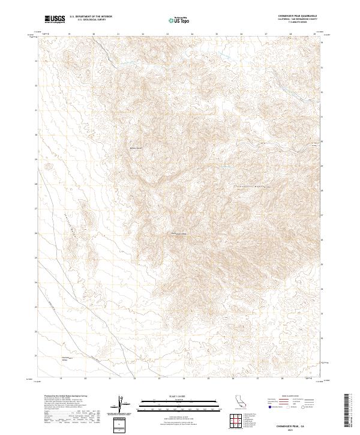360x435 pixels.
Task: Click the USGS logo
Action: (55, 19)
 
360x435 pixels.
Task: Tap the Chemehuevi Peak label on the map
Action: (181, 233)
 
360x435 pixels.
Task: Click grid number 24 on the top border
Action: (191, 34)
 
